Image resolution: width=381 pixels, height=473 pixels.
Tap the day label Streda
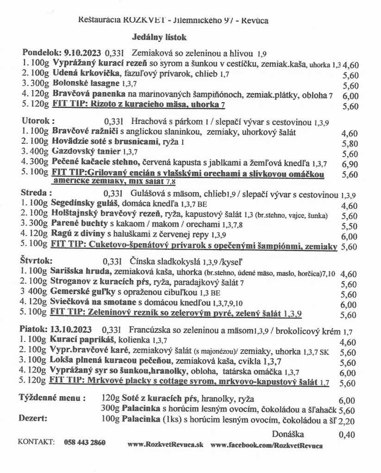tap(35, 192)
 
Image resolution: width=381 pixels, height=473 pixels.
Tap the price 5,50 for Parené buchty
tap(349, 226)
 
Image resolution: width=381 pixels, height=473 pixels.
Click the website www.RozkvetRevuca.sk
tap(165, 445)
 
